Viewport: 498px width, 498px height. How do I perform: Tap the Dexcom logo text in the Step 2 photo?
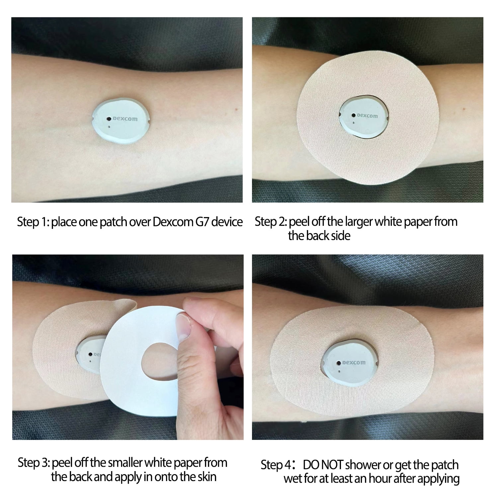(x=367, y=116)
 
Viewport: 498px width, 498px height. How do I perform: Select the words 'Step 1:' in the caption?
(x=33, y=222)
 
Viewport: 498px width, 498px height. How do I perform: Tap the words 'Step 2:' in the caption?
(x=271, y=222)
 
